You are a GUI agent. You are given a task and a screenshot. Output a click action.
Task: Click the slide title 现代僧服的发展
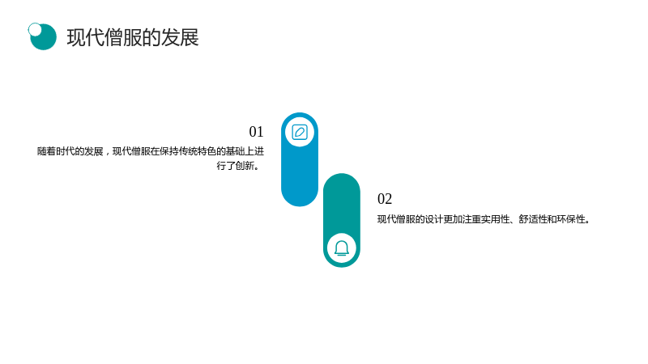pos(133,37)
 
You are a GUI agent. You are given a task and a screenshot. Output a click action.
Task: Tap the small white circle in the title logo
pos(35,29)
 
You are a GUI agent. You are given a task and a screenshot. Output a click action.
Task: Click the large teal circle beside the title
pos(44,37)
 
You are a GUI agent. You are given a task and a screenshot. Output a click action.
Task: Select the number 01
pos(256,132)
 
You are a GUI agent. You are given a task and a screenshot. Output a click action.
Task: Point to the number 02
pos(385,199)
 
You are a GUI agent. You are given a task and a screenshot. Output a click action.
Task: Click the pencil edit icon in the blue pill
pos(300,133)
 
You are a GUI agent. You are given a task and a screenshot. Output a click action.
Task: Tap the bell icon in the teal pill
pos(342,248)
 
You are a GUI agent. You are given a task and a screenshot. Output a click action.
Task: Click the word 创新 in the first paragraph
pos(245,166)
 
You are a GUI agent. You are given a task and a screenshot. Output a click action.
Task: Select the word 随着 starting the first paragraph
pos(46,151)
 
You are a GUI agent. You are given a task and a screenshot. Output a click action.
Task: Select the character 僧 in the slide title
pos(113,37)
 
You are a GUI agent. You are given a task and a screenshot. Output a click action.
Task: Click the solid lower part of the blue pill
pos(300,177)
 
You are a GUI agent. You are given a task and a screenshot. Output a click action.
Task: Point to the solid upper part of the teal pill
pos(342,202)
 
